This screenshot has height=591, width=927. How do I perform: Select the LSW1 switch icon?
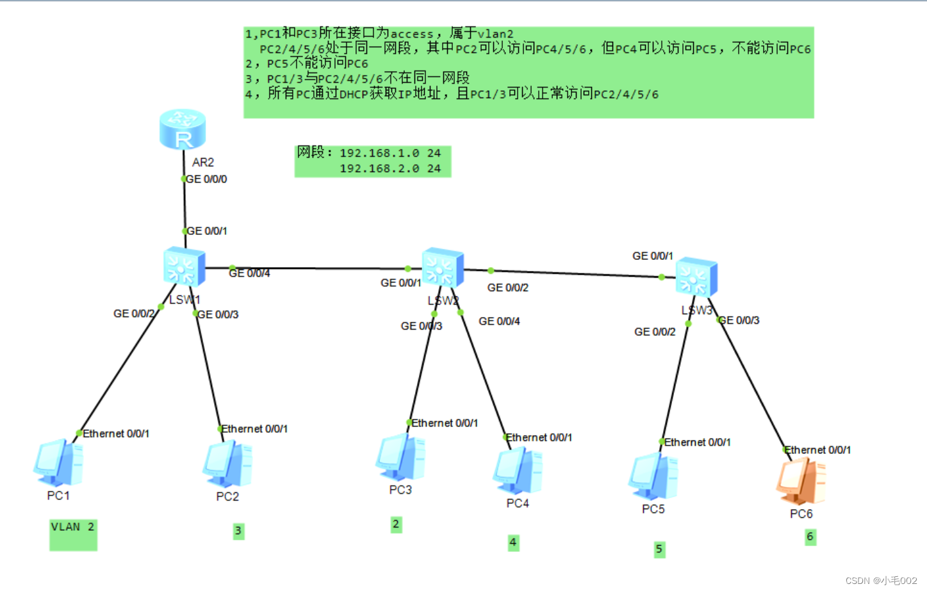point(184,266)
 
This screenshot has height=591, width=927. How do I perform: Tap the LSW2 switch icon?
point(442,268)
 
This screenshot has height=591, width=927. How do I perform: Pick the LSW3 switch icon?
point(696,277)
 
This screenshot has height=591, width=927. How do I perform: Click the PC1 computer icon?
point(58,462)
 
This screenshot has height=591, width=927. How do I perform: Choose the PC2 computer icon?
point(227,464)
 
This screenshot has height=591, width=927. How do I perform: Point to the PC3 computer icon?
point(400,457)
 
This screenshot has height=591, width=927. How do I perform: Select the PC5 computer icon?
point(653,476)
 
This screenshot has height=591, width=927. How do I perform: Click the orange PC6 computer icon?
point(801,481)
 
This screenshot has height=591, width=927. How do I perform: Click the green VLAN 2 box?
point(73,534)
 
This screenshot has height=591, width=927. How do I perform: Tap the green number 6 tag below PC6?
point(810,537)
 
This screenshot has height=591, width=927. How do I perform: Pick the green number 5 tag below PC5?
point(659,549)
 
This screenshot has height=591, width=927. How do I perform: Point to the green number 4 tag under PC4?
point(513,542)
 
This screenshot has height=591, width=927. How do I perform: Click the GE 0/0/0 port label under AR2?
point(206,179)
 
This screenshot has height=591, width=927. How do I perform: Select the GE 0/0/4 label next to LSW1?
point(249,273)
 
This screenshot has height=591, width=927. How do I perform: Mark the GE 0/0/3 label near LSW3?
point(739,320)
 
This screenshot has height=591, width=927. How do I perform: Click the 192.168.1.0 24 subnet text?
point(390,154)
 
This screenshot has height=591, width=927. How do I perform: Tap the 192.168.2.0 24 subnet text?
point(390,169)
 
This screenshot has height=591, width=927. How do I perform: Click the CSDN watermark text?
point(881,581)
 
